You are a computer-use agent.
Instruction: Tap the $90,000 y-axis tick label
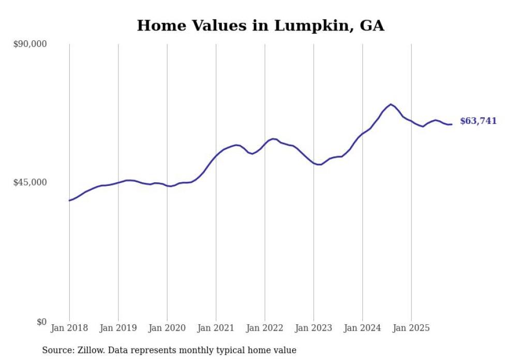tap(30, 44)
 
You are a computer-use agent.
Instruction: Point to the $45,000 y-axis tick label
tap(30, 182)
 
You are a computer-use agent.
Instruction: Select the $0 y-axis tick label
tap(41, 322)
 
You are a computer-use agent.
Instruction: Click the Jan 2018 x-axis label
tap(69, 328)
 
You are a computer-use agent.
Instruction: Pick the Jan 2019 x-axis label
tap(118, 328)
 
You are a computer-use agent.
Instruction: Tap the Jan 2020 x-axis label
tap(167, 328)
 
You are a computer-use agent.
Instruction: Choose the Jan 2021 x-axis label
tap(216, 328)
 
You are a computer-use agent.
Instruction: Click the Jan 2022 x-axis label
tap(265, 328)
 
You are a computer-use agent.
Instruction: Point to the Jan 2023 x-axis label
tap(314, 328)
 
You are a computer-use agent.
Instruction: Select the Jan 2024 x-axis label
tap(362, 328)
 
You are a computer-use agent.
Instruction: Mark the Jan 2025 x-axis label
tap(411, 328)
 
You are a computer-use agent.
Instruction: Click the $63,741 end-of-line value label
tap(478, 121)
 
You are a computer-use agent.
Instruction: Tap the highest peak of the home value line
tap(391, 104)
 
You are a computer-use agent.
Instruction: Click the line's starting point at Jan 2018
tap(69, 200)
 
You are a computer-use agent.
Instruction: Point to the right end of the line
tap(452, 124)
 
